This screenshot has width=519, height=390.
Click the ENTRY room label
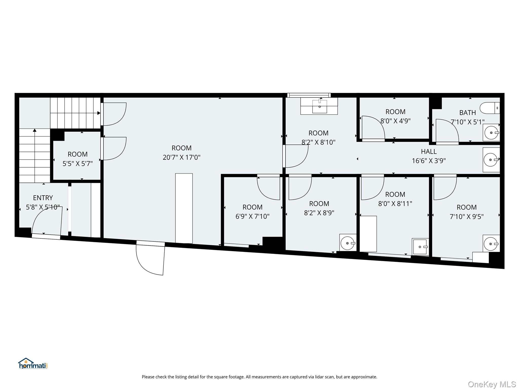(43, 198)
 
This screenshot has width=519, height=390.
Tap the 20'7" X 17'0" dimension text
(181, 157)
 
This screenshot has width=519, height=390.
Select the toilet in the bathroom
(490, 108)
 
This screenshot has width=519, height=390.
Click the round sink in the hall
(491, 160)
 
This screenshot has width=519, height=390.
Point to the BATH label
(468, 112)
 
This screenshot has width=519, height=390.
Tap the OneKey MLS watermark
(492, 384)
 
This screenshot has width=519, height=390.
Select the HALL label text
(429, 152)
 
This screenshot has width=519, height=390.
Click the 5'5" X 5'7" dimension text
(78, 164)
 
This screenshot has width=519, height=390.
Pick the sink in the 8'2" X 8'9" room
(348, 243)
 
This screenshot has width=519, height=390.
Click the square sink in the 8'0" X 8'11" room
(420, 247)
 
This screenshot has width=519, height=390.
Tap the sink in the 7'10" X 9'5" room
(491, 243)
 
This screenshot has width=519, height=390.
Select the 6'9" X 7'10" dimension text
(252, 216)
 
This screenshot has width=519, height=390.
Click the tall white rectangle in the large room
(184, 208)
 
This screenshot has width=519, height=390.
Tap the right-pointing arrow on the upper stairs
(99, 113)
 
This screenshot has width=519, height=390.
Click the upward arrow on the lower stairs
(35, 131)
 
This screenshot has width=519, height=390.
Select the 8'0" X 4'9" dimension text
(395, 121)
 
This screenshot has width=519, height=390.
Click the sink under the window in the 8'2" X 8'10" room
(319, 106)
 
